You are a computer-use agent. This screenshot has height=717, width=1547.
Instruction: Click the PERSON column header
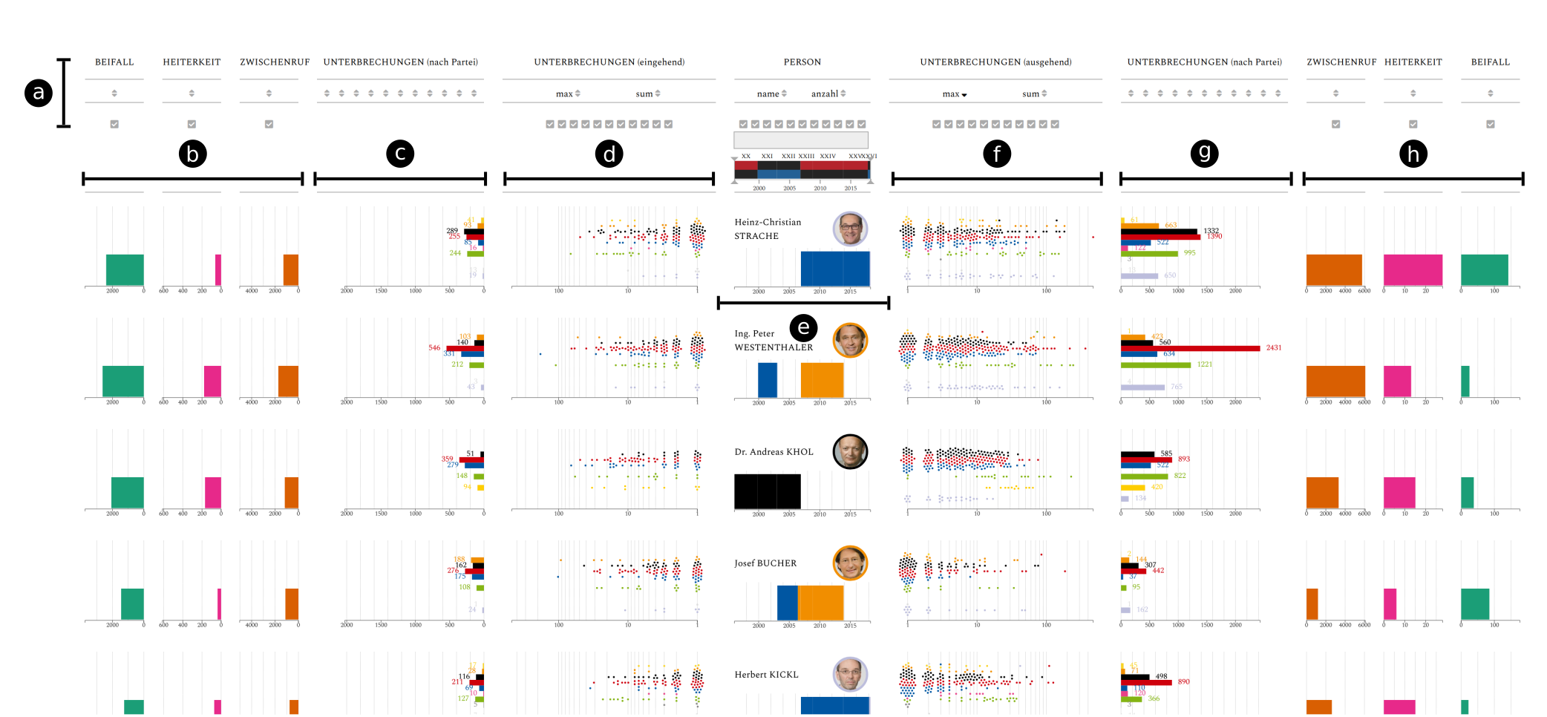point(802,62)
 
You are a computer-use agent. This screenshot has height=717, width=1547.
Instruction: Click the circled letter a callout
point(39,93)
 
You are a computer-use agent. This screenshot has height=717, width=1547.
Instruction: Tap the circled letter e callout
point(803,327)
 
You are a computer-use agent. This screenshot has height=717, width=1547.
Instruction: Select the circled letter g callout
point(1204,153)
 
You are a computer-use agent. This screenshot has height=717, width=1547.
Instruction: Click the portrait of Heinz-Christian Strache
point(850,229)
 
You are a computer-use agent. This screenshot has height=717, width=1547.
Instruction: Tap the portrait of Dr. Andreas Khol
point(850,451)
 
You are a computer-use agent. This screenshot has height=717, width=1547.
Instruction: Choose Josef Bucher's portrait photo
point(850,563)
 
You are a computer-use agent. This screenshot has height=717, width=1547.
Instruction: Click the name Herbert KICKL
point(766,675)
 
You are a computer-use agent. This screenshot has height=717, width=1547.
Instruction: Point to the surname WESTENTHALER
point(773,347)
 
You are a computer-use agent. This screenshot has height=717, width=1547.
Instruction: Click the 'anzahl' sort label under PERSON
point(825,94)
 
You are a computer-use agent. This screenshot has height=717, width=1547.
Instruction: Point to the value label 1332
point(1211,231)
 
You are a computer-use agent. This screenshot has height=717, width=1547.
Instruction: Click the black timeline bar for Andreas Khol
point(768,491)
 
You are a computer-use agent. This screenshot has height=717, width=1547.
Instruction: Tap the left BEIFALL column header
point(114,62)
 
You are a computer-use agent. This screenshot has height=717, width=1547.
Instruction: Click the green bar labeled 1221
point(1156,364)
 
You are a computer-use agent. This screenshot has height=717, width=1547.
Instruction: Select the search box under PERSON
point(801,140)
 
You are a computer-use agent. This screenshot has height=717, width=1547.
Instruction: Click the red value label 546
point(434,347)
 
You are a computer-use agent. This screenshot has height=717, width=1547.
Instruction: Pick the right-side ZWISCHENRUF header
point(1341,62)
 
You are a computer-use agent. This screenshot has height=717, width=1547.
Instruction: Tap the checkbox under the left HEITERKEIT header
point(192,124)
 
